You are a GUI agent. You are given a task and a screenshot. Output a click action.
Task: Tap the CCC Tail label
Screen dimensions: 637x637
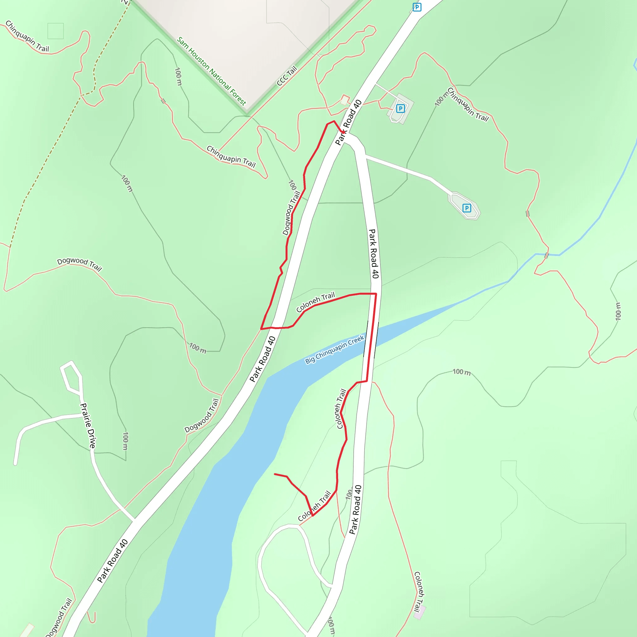[286, 76]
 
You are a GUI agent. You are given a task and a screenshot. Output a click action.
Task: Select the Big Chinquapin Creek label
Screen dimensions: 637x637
[334, 349]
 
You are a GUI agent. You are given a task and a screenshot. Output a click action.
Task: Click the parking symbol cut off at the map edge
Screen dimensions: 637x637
[417, 7]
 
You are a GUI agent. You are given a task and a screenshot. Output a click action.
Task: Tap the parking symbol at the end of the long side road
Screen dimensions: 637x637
[467, 208]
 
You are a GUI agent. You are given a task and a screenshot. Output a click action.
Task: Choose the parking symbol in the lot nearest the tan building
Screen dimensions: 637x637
[400, 109]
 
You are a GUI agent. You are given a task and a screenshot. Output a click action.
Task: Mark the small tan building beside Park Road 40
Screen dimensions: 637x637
[345, 100]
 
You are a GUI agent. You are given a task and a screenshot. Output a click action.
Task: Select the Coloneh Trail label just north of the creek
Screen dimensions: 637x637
[315, 302]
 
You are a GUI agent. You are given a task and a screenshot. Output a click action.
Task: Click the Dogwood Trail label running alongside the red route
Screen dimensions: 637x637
[291, 213]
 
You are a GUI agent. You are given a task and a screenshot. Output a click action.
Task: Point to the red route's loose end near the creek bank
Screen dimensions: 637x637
[275, 474]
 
